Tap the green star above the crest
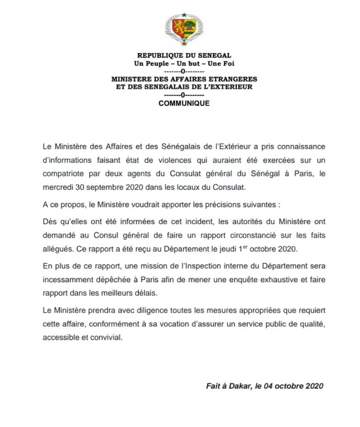pos(184,15)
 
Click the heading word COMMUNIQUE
pos(184,103)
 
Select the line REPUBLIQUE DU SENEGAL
pos(184,55)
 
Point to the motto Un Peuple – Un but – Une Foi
pos(184,63)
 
